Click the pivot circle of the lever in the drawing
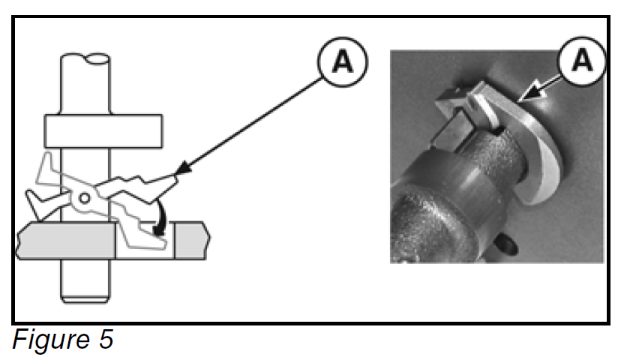[x=85, y=198]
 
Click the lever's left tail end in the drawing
[x=34, y=201]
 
